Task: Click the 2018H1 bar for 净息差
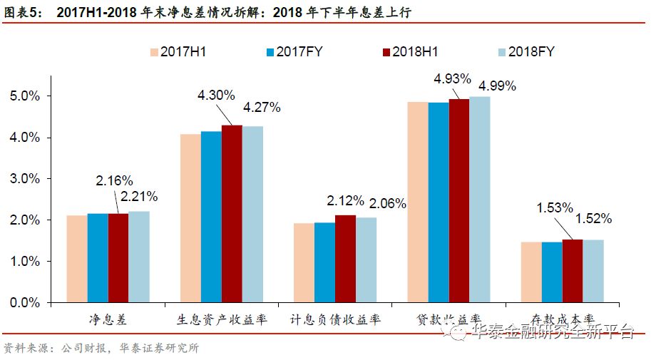pos(118,258)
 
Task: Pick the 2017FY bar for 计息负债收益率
pos(324,263)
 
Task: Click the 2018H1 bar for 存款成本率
pos(573,271)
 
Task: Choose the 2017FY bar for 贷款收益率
pos(439,202)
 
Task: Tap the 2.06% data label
pos(387,204)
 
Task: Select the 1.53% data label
pos(554,207)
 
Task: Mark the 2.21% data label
pos(139,196)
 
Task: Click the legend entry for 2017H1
pos(177,52)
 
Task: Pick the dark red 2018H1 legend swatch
pos(387,52)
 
